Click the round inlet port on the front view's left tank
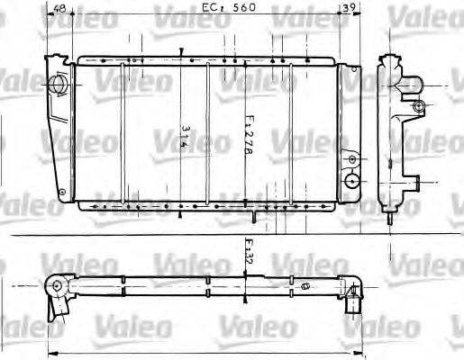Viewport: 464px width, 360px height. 60,84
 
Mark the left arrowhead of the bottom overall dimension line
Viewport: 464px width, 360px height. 49,351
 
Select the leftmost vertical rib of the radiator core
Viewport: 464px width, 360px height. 123,135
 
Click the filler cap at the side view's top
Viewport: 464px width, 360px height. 389,61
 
